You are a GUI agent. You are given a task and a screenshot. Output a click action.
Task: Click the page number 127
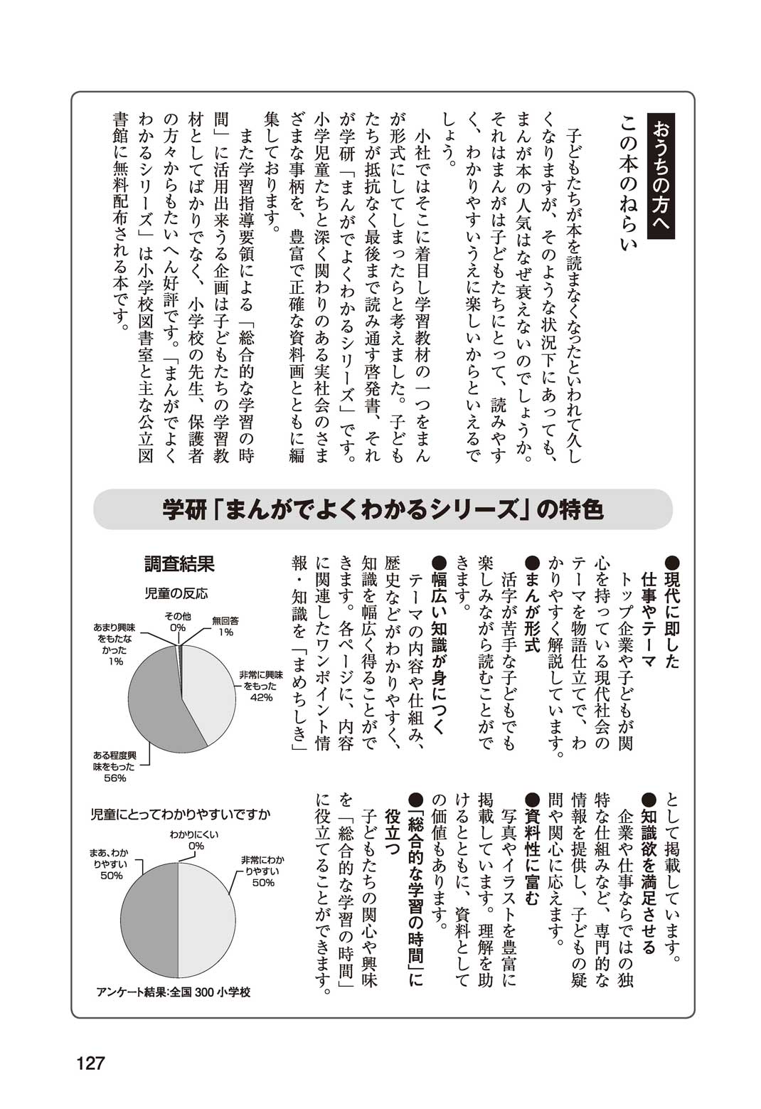(x=90, y=1063)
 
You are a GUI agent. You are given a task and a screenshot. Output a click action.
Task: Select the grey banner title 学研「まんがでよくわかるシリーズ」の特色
(x=383, y=509)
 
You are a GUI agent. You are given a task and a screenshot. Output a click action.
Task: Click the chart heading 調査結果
(x=179, y=564)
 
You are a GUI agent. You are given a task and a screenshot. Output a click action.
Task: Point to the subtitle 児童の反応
(x=176, y=593)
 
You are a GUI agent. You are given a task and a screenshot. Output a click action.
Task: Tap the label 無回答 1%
(x=225, y=626)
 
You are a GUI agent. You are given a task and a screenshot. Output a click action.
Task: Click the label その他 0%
(x=177, y=622)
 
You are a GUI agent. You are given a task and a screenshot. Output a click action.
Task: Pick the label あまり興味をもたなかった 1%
(x=115, y=644)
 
